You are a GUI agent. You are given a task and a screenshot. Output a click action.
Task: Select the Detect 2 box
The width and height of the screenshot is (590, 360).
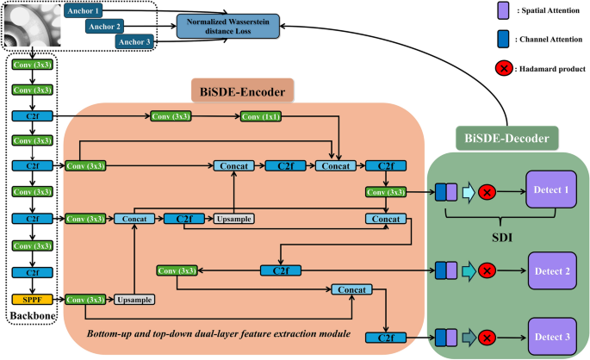click(x=554, y=270)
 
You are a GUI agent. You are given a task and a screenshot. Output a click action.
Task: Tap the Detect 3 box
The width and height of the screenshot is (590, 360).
click(x=554, y=336)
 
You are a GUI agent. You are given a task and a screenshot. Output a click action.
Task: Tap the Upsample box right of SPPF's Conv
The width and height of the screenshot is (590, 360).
click(x=134, y=299)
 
